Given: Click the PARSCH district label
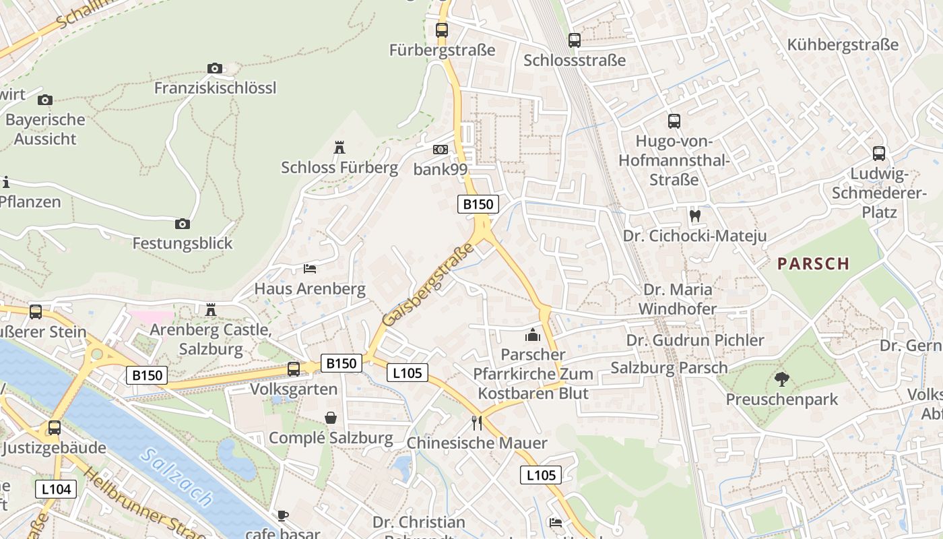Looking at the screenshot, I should click(814, 263).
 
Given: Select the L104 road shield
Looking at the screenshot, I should click(56, 489).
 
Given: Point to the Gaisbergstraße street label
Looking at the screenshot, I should click(428, 284).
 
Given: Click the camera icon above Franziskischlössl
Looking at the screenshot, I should click(215, 68).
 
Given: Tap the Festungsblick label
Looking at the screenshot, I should click(183, 243).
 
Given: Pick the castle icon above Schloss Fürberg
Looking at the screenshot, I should click(339, 148).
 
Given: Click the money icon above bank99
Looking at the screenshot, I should click(440, 150).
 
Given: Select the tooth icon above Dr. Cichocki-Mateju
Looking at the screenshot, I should click(695, 216).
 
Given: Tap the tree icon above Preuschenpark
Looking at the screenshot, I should click(781, 379).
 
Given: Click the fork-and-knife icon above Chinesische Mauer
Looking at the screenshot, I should click(477, 423).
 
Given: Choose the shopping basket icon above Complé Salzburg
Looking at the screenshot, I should click(331, 418).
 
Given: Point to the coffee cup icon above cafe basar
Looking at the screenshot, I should click(283, 516).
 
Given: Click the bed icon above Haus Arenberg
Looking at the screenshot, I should click(310, 269).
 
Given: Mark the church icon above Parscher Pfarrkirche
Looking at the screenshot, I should click(533, 335).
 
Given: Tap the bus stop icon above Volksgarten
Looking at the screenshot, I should click(294, 369).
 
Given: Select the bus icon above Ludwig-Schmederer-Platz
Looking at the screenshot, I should click(879, 153).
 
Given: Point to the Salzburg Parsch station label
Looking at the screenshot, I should click(669, 368).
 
